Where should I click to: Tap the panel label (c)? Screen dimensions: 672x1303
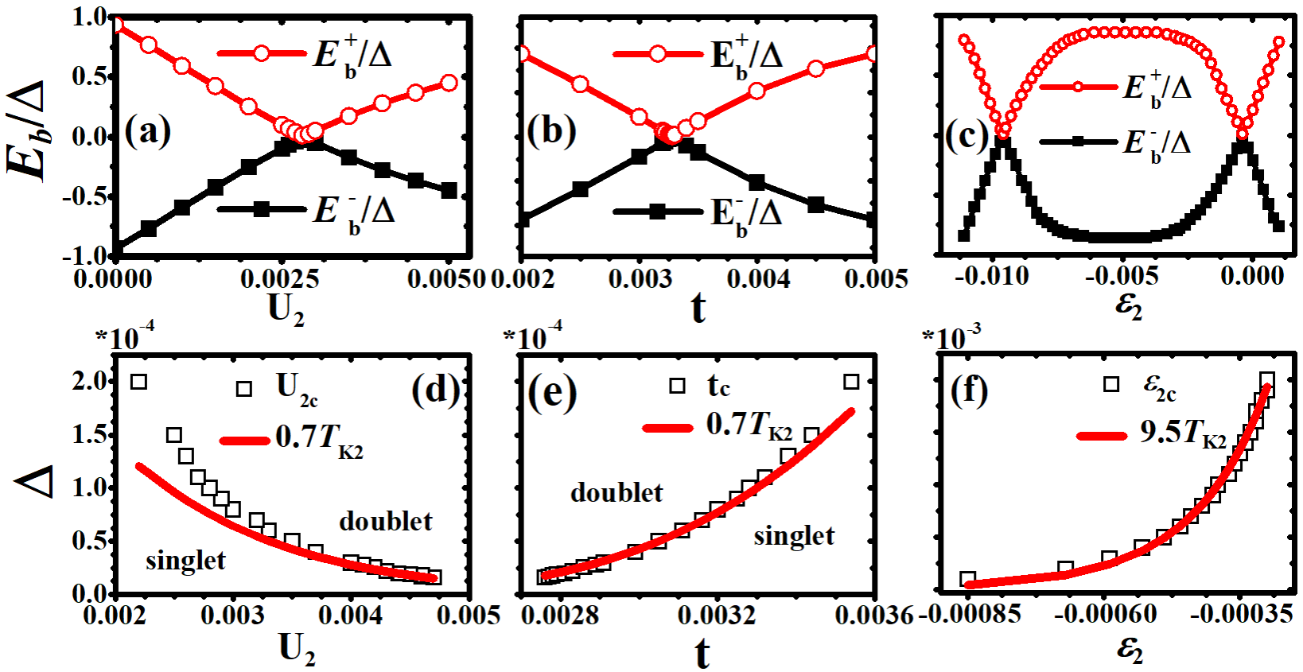967,136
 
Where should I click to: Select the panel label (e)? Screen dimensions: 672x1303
551,392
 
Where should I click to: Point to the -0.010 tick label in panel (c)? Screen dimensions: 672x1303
991,276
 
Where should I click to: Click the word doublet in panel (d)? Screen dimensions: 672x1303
386,522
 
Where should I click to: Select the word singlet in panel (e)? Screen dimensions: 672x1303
794,536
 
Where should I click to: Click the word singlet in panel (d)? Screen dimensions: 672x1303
185,561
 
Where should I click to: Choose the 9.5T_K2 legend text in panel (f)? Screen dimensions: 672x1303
1183,433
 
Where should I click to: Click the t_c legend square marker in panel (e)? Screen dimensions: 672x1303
677,386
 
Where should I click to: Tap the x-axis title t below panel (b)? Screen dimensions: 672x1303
698,309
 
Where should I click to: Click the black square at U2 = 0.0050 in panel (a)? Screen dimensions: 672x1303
449,191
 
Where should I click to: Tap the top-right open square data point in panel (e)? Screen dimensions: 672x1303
851,382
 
